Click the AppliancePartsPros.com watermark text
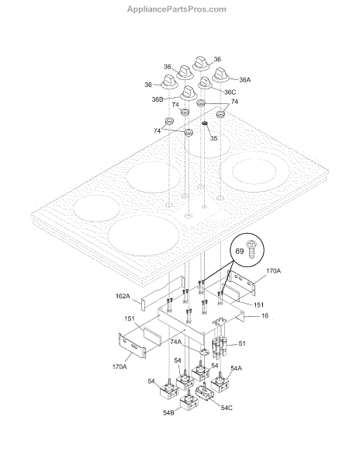(x=177, y=9)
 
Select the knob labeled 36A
(x=220, y=75)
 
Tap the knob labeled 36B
(x=189, y=92)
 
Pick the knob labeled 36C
(x=205, y=83)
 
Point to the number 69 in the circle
(x=240, y=251)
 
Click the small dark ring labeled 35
(x=205, y=123)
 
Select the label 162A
(x=123, y=296)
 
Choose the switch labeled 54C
(x=205, y=391)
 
